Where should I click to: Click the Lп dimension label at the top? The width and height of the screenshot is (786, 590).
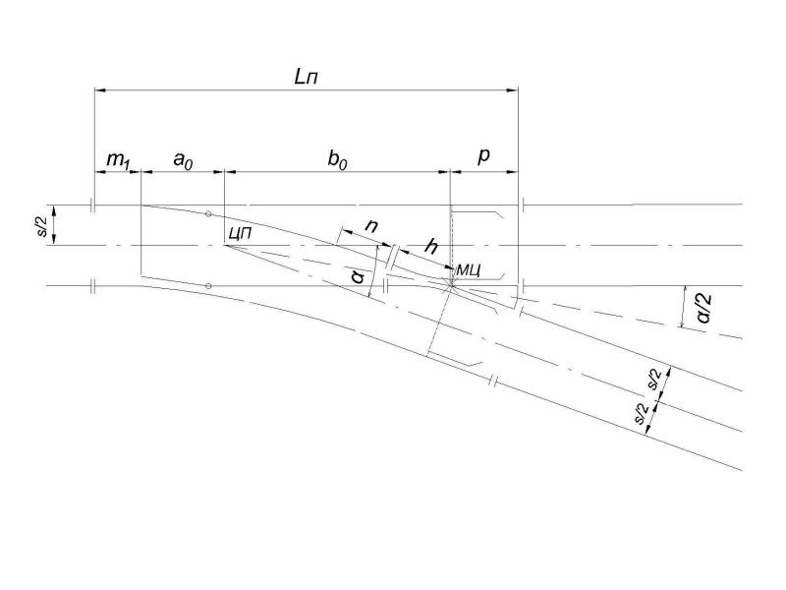(x=306, y=78)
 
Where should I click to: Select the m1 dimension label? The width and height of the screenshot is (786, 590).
(x=118, y=160)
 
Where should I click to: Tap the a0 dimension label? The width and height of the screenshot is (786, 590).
(x=183, y=160)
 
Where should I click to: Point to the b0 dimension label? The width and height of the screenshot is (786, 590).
(x=337, y=160)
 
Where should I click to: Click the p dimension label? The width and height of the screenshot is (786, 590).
(x=483, y=156)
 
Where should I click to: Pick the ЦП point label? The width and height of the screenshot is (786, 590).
(x=239, y=233)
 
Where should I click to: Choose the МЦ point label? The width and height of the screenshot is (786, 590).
(x=469, y=270)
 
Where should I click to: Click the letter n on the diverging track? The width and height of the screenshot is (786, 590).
(x=371, y=227)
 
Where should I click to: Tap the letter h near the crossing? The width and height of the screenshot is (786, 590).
(x=431, y=247)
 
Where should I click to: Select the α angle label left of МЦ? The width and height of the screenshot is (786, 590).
(x=358, y=275)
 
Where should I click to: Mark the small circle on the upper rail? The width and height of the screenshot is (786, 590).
(x=208, y=214)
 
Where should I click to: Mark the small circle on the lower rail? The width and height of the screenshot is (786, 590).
(x=208, y=286)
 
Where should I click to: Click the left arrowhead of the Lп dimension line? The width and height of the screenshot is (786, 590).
(x=100, y=90)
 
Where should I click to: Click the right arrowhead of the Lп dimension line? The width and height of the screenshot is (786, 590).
(x=512, y=90)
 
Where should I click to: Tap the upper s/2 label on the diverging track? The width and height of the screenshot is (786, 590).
(x=655, y=380)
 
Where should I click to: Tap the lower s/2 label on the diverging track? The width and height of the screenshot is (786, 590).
(x=642, y=414)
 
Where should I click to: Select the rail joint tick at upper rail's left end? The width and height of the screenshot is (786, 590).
(x=92, y=206)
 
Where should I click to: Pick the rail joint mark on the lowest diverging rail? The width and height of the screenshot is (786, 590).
(x=494, y=382)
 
